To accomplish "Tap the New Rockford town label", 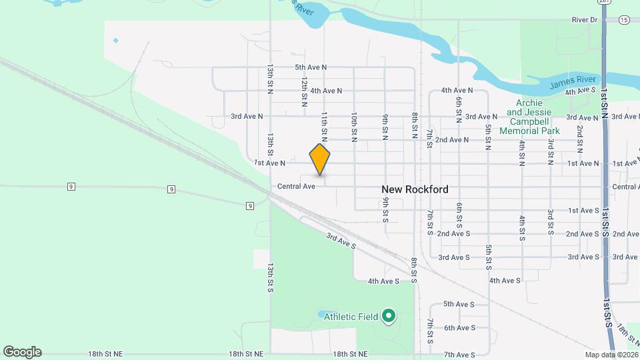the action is tap(415, 189).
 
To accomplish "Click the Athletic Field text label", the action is tap(351, 317).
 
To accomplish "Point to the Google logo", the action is tap(22, 352).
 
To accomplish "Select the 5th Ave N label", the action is tap(311, 67).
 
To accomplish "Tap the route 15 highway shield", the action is tap(624, 20).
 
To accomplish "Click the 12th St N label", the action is tap(304, 91).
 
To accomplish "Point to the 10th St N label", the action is tap(355, 127).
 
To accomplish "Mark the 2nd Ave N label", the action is tap(452, 140).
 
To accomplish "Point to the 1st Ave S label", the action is tap(583, 211).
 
